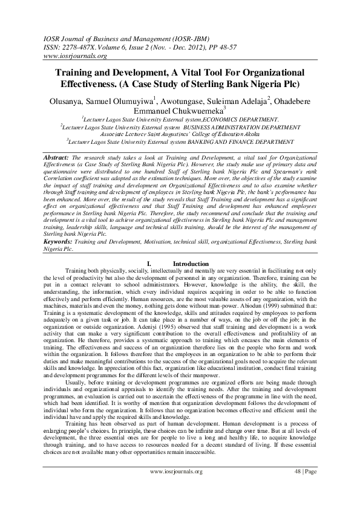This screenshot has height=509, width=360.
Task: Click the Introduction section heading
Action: (191, 264)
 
